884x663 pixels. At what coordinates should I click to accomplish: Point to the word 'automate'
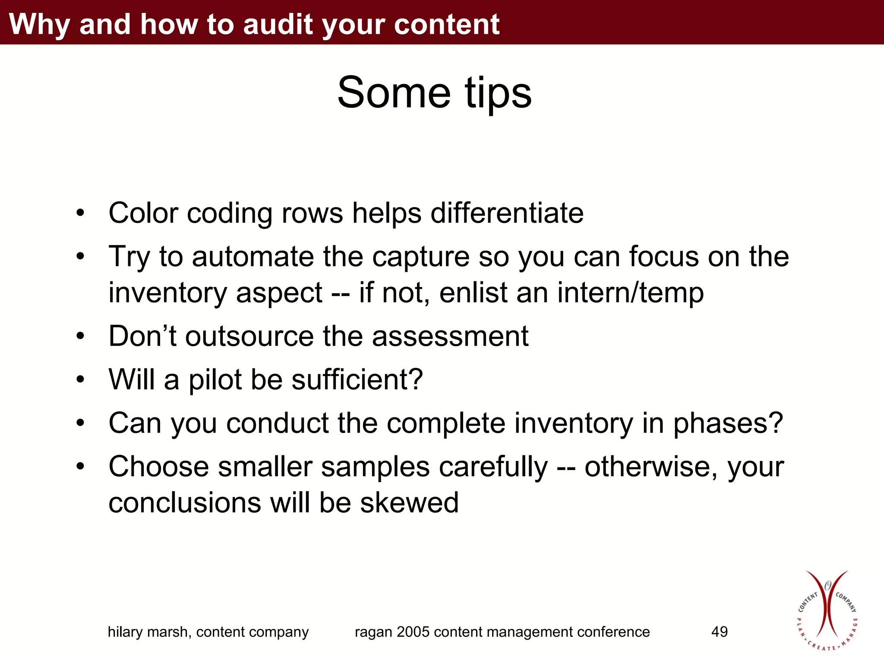point(253,256)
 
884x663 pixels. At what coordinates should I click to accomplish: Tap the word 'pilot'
point(215,380)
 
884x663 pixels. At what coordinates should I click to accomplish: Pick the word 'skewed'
point(409,503)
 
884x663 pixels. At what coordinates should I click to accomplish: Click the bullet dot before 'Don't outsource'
point(80,336)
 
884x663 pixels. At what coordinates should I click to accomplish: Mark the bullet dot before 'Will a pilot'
point(80,380)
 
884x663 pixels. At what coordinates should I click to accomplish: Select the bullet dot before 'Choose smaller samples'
point(80,467)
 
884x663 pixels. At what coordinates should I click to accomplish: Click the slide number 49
point(719,632)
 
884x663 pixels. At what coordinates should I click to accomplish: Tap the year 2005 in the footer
point(413,632)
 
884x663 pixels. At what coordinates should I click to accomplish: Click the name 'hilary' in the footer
point(125,632)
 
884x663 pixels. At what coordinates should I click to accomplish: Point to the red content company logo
point(826,611)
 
